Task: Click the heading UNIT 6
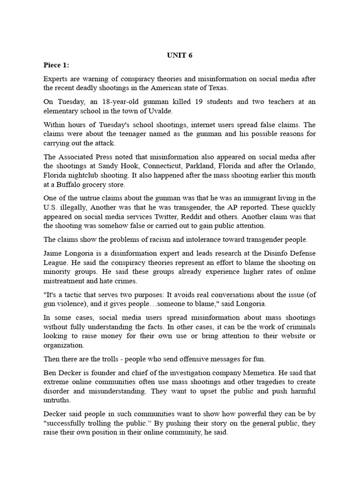click(x=180, y=55)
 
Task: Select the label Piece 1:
click(x=56, y=65)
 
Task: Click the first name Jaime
click(x=54, y=253)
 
